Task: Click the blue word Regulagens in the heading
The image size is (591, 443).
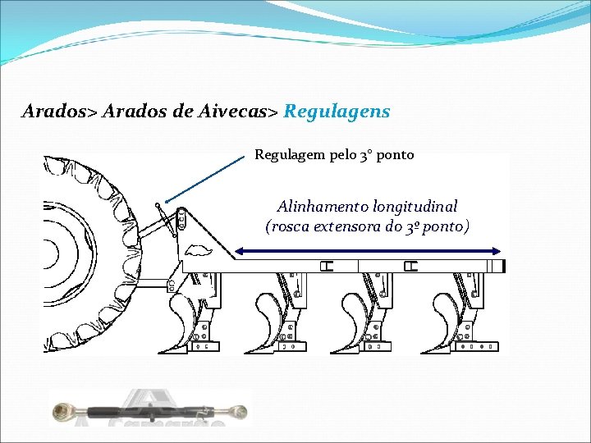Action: pos(337,111)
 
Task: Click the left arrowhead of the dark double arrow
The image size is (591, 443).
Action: pos(238,252)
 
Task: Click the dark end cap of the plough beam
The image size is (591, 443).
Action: pos(503,266)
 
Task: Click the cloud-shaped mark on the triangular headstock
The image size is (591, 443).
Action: pos(198,250)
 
